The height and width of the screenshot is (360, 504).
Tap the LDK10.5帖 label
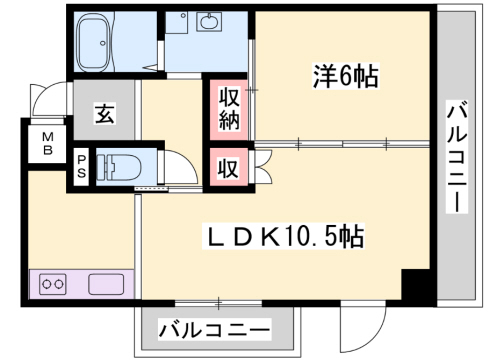285,237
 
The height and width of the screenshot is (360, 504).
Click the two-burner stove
53,284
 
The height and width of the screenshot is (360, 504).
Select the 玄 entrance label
103,113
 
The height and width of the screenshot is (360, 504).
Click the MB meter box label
47,145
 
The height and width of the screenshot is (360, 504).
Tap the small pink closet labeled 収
228,167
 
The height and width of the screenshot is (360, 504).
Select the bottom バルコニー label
214,328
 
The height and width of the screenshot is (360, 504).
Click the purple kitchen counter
81,284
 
